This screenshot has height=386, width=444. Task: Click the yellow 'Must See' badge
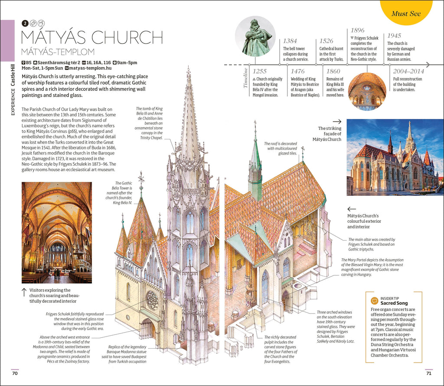tap(406, 13)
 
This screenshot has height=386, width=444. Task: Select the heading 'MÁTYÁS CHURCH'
tap(91, 37)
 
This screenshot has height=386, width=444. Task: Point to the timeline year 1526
tap(327, 41)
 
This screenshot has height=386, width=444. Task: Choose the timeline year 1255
tap(260, 71)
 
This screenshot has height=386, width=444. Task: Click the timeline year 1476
tap(297, 71)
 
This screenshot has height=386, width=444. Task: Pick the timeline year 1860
tap(333, 71)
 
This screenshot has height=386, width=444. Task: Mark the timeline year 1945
tap(395, 36)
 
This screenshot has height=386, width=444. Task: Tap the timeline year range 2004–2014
tap(408, 71)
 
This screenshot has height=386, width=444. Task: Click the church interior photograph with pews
tap(57, 233)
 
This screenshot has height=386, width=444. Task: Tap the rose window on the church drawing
tap(153, 300)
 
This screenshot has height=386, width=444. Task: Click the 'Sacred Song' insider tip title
tap(394, 303)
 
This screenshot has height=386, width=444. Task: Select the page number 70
tap(15, 373)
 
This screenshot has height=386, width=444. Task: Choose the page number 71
tap(429, 373)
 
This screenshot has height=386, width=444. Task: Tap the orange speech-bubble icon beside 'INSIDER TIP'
tap(374, 300)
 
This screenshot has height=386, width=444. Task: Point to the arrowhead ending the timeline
tap(428, 65)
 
